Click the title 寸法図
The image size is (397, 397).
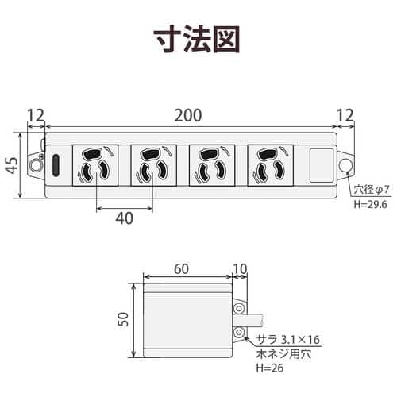(197, 39)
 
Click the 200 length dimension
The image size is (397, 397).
(188, 115)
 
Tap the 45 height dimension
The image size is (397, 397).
(12, 165)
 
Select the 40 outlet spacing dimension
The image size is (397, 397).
(125, 218)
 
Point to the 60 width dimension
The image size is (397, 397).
(182, 269)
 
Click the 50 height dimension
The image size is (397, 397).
(123, 319)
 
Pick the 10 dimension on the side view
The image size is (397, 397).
(241, 269)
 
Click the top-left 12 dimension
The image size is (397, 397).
(36, 115)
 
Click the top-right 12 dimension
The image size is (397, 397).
(345, 115)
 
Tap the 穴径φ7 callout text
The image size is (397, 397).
(372, 190)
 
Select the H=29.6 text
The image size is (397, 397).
(371, 204)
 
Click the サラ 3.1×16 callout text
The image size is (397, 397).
(288, 339)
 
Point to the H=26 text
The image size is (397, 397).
(270, 368)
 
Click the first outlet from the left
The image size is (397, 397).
(95, 165)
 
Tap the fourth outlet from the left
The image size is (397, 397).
(271, 165)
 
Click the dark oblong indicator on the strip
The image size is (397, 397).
(56, 165)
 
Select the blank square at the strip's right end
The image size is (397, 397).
(322, 165)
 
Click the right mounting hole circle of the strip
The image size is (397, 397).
(345, 165)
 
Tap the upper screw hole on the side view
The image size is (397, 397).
(239, 309)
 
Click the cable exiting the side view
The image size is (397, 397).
(249, 320)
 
